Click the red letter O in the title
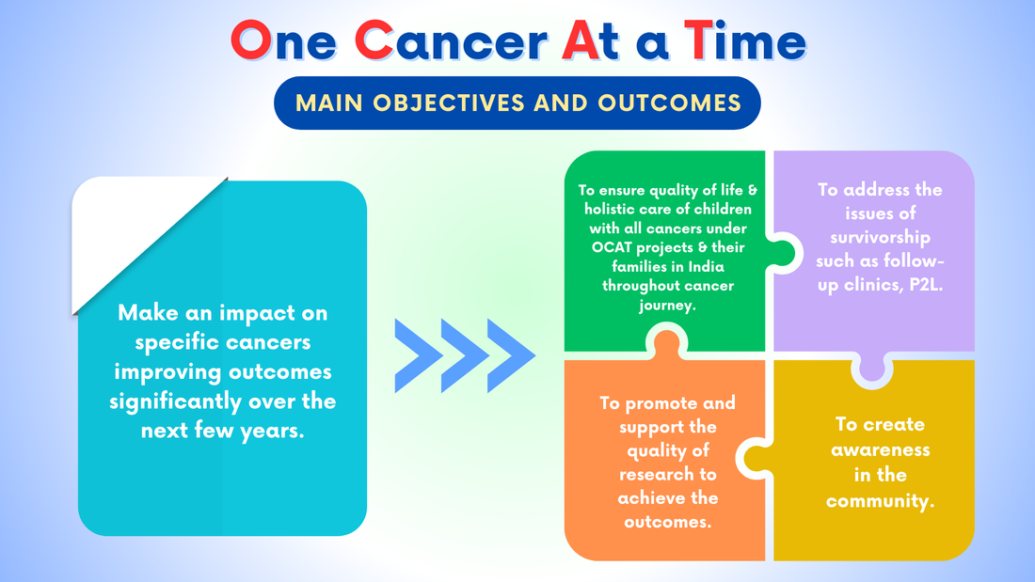(x=251, y=40)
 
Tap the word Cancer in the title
(x=451, y=40)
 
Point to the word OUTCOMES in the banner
(x=669, y=102)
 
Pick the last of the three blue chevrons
(x=511, y=355)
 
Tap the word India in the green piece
(x=707, y=267)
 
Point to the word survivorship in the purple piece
(x=880, y=238)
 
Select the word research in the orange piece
(x=667, y=475)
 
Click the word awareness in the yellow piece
(x=881, y=450)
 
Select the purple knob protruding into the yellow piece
(x=872, y=370)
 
